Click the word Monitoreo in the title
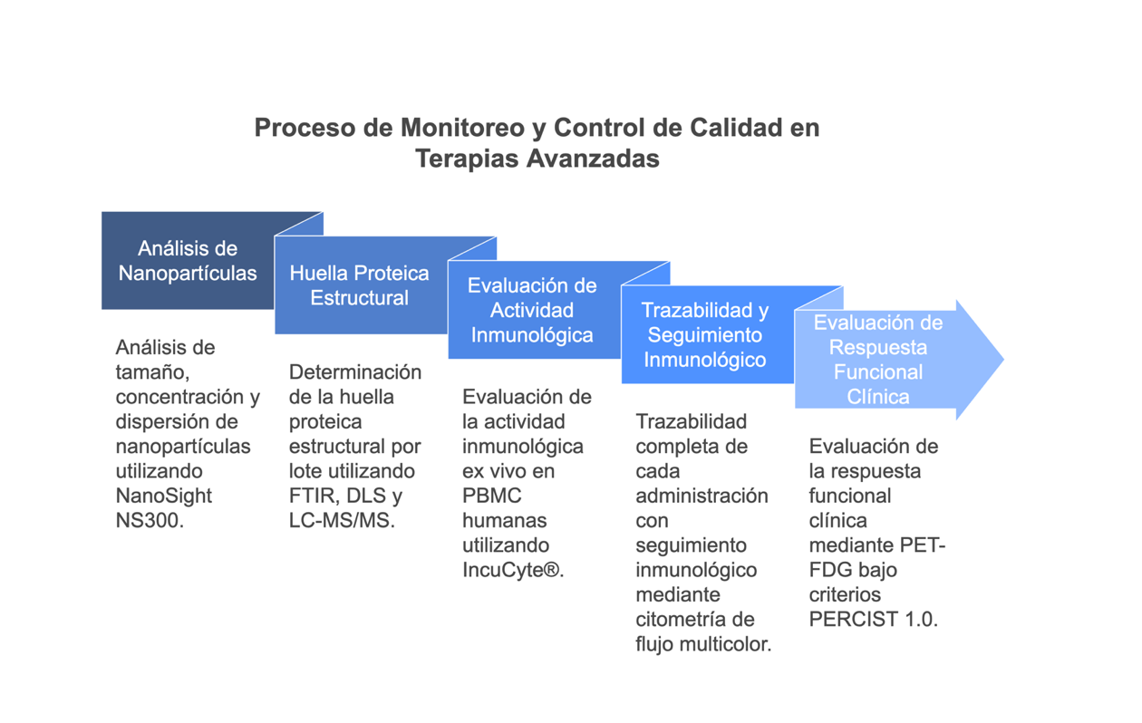pyautogui.click(x=462, y=128)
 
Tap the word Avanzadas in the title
pyautogui.click(x=593, y=159)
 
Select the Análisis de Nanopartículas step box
pyautogui.click(x=188, y=260)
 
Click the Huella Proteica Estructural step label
pyautogui.click(x=360, y=285)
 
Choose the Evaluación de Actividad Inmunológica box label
pyautogui.click(x=532, y=310)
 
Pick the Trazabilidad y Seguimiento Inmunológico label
pyautogui.click(x=705, y=334)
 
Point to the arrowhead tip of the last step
pyautogui.click(x=1003, y=360)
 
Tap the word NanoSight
pyautogui.click(x=164, y=496)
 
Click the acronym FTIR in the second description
pyautogui.click(x=307, y=496)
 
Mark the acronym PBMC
pyautogui.click(x=491, y=496)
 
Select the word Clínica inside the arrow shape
pyautogui.click(x=878, y=397)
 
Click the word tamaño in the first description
pyautogui.click(x=152, y=372)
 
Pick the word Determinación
pyautogui.click(x=355, y=372)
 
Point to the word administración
pyautogui.click(x=702, y=496)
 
